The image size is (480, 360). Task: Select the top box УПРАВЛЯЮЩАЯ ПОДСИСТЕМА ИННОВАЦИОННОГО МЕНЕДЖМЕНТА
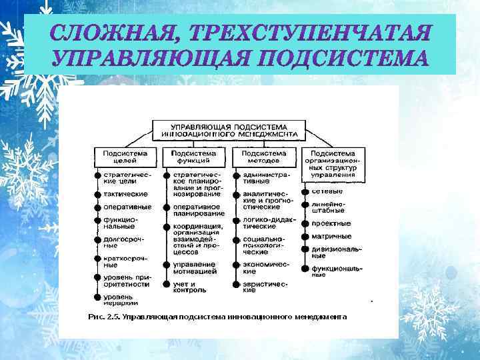click(x=229, y=129)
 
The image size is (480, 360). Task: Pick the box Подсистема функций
click(x=194, y=157)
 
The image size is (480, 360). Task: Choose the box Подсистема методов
click(x=263, y=157)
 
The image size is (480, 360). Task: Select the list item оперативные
click(x=127, y=207)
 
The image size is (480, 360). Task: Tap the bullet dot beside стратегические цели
click(x=97, y=177)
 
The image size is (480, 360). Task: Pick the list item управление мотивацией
click(x=195, y=269)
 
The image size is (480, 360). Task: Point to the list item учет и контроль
click(x=189, y=287)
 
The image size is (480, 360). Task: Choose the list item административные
click(x=261, y=177)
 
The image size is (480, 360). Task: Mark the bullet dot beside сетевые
click(x=305, y=191)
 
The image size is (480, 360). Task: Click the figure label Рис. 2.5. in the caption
click(x=103, y=317)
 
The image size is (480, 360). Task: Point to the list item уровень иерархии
click(x=119, y=299)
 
